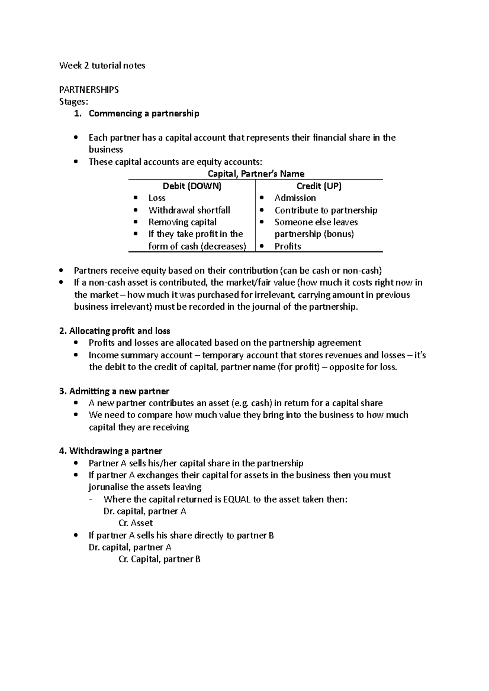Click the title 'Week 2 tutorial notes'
tap(102, 66)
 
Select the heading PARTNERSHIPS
tap(89, 90)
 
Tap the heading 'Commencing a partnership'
tap(144, 114)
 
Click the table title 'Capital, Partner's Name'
tap(256, 174)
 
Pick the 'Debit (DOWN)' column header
tap(192, 186)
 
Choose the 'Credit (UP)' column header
tap(319, 186)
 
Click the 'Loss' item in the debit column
tap(157, 198)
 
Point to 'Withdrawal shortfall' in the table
tap(189, 210)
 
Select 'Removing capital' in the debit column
tap(182, 222)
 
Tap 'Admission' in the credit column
tap(295, 198)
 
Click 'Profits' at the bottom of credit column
tap(288, 246)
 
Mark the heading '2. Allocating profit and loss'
tap(115, 331)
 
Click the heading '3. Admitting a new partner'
tap(114, 391)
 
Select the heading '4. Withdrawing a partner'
tap(110, 451)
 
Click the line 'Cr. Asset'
tap(135, 523)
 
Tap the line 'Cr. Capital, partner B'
tap(159, 559)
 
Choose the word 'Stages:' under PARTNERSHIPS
tap(73, 102)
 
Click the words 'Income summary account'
tap(140, 355)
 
